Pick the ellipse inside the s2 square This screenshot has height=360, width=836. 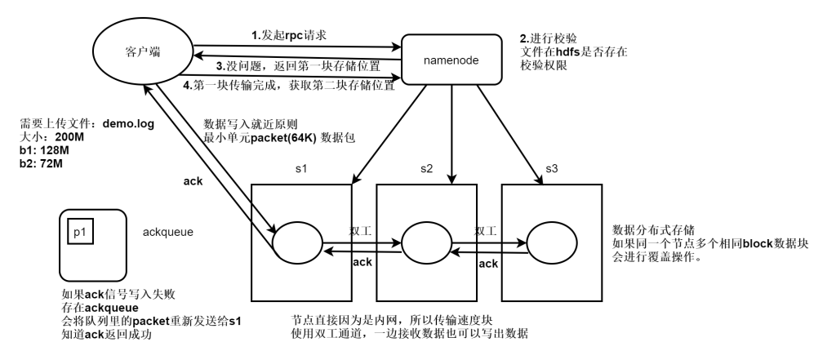click(422, 242)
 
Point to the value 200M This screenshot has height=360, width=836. click(69, 137)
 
